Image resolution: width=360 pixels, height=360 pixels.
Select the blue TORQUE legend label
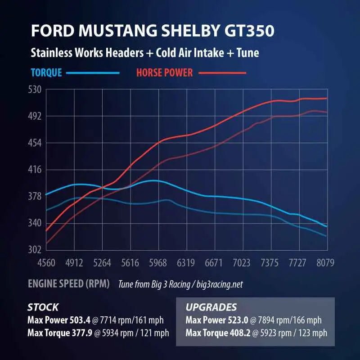coord(46,72)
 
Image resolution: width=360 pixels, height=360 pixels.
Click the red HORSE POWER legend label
coord(164,72)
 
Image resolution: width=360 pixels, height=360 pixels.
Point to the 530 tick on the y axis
coord(35,90)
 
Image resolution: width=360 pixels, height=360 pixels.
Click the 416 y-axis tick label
coord(35,170)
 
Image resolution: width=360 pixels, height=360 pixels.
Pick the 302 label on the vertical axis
coord(35,250)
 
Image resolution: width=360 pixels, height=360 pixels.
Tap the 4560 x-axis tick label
coord(46,263)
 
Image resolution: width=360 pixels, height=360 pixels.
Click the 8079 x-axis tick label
coord(325,263)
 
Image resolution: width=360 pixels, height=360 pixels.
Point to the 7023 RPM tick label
coord(242,263)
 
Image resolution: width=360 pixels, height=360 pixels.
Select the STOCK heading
coord(43,308)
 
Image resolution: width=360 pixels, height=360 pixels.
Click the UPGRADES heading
coord(211,308)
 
